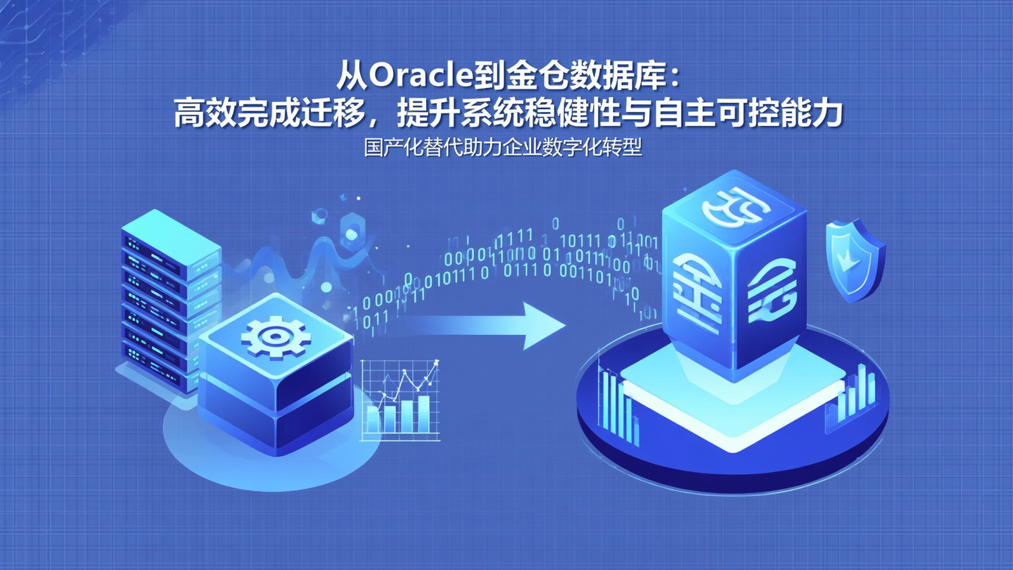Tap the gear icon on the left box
click(275, 336)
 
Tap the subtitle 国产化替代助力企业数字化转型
click(503, 148)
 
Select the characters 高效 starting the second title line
click(200, 113)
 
